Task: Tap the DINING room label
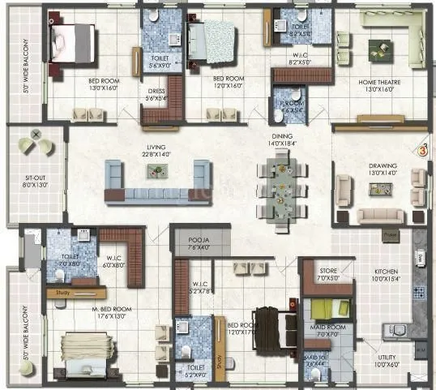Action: [x=282, y=138]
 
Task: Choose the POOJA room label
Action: [x=198, y=241]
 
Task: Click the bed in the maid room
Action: [x=330, y=310]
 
